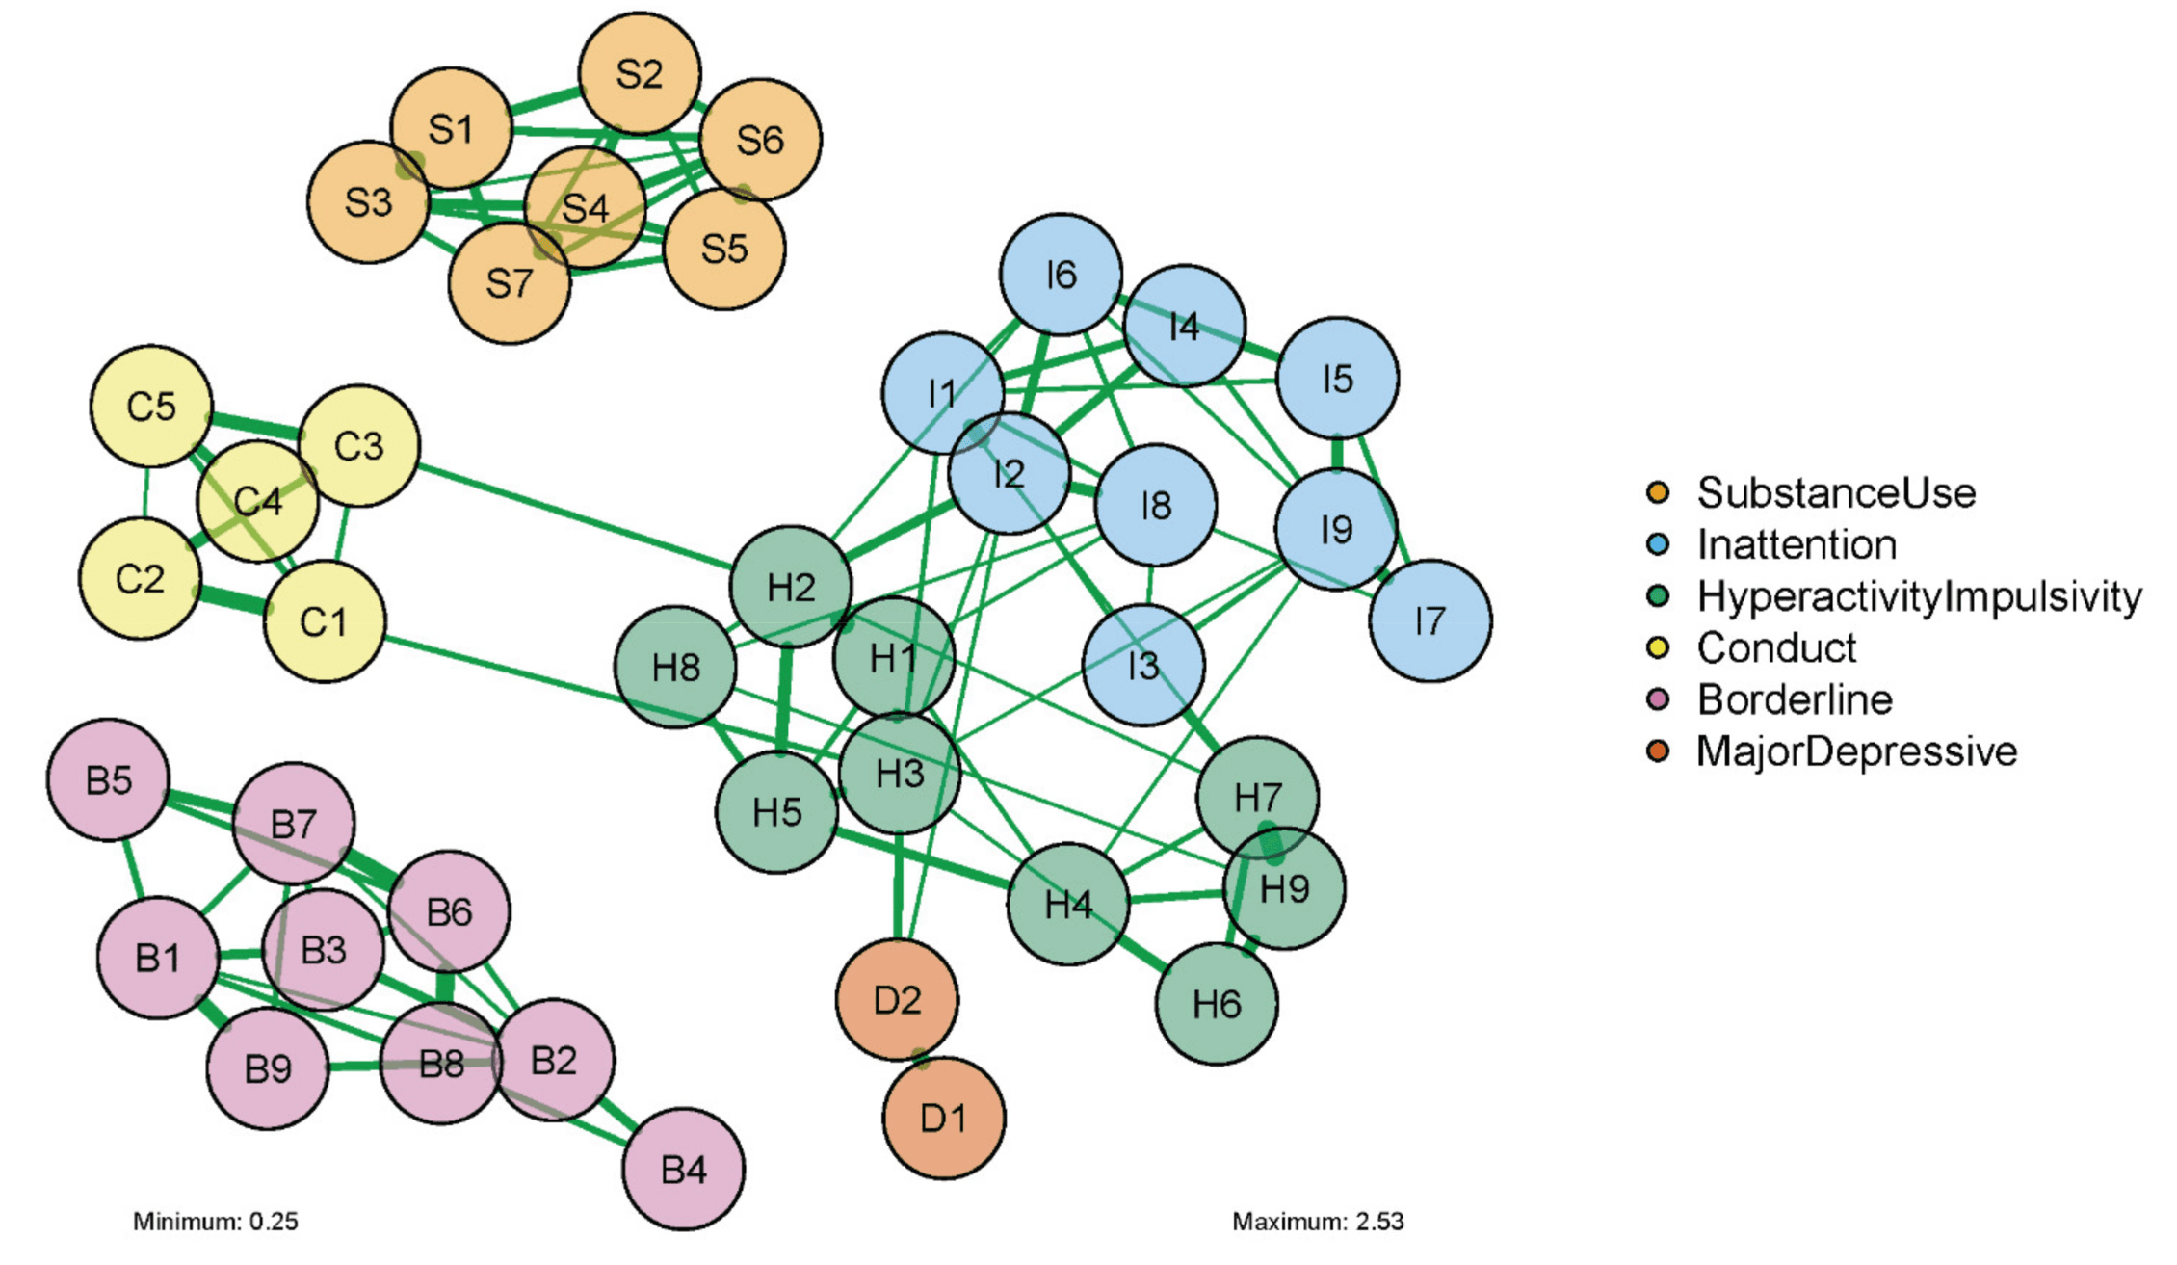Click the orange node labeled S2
(640, 73)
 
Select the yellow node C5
(151, 406)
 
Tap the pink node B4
(683, 1169)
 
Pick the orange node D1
(943, 1118)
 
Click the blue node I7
(1429, 620)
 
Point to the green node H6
(1217, 1004)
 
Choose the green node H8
(675, 667)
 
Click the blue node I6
(1061, 275)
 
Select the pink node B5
(108, 779)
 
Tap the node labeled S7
(509, 283)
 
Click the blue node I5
(1337, 378)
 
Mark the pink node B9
(268, 1067)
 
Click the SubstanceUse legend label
(1836, 493)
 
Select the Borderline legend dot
(1658, 699)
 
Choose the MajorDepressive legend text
(1856, 751)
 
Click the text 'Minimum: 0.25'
(216, 1222)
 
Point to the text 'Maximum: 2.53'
(1318, 1222)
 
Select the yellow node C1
(325, 622)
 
